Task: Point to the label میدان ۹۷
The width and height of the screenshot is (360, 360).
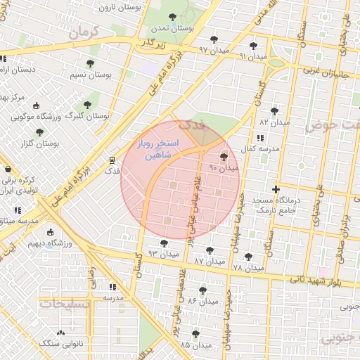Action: [214, 51]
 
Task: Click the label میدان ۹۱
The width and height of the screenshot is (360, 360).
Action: [253, 56]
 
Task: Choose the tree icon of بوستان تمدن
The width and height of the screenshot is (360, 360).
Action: [172, 17]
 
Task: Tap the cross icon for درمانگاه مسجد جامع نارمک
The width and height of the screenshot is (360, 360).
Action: [276, 189]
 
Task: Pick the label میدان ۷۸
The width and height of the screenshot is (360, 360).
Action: [247, 268]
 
